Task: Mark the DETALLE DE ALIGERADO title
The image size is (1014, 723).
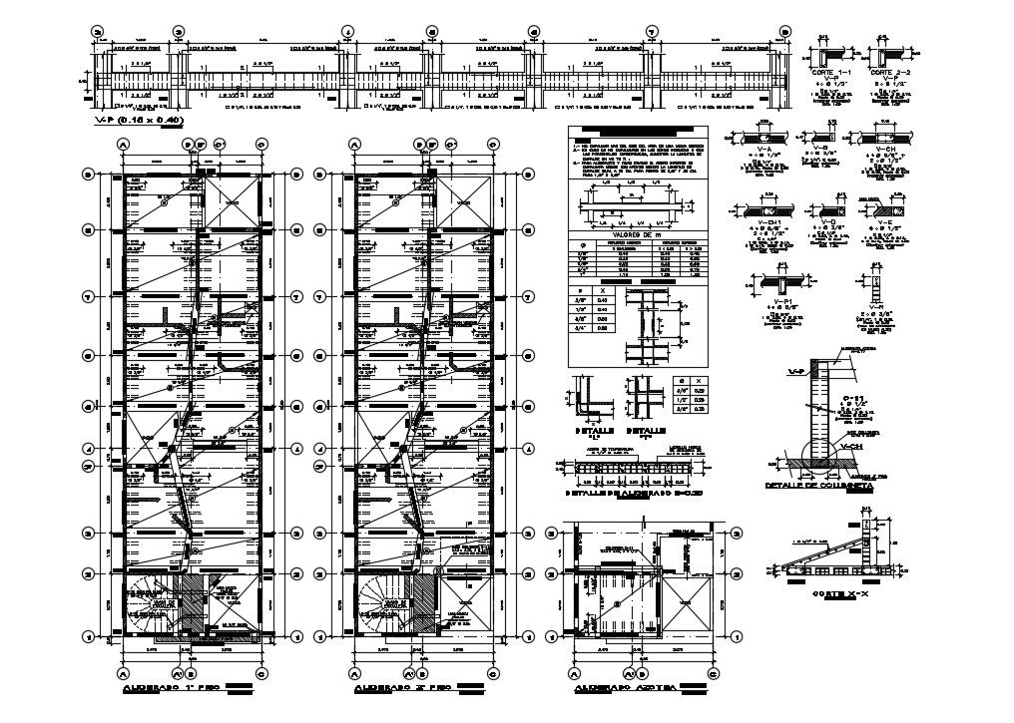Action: point(635,493)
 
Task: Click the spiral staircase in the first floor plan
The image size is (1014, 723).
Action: point(147,604)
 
